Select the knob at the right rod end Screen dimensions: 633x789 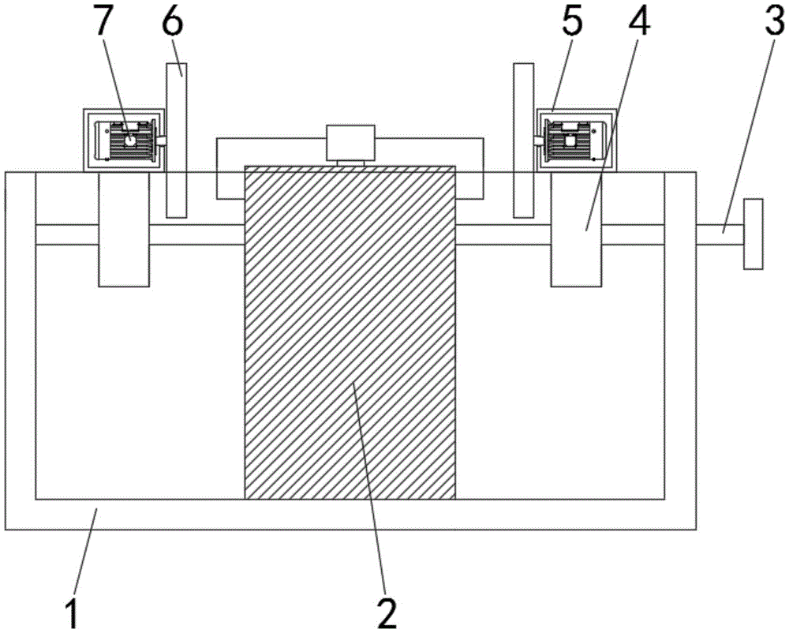(753, 234)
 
